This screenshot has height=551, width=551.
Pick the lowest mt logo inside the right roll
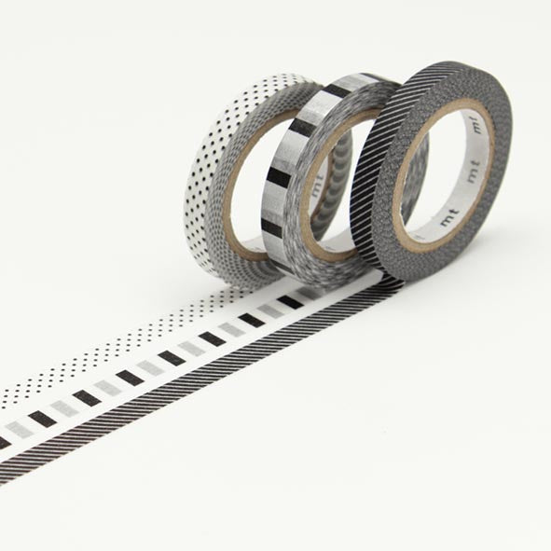(449, 217)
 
